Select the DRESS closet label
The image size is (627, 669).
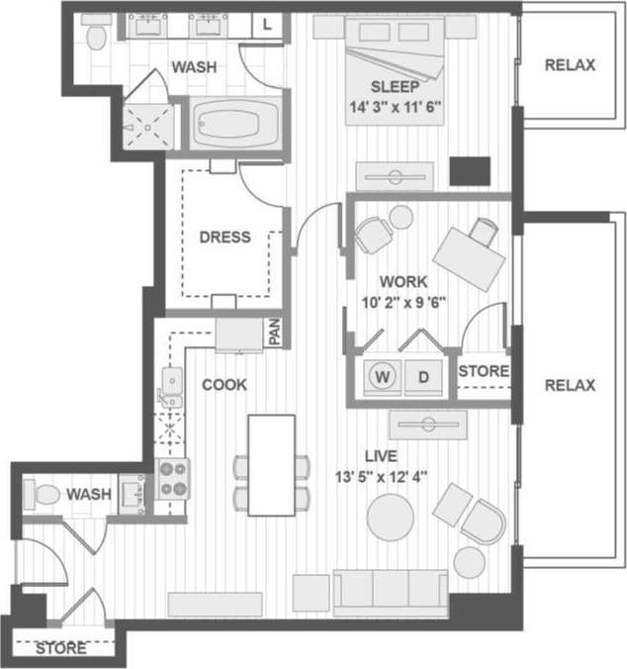[224, 238]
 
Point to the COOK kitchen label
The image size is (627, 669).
[224, 384]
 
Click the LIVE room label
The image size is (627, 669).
[381, 456]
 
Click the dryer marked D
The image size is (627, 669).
[423, 377]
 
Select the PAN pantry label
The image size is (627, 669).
[275, 333]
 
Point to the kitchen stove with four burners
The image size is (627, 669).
[173, 479]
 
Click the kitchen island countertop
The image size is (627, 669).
[271, 465]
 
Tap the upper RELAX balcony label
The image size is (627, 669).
[571, 65]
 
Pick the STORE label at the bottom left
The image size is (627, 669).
[60, 649]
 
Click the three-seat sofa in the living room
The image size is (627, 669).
[391, 593]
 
